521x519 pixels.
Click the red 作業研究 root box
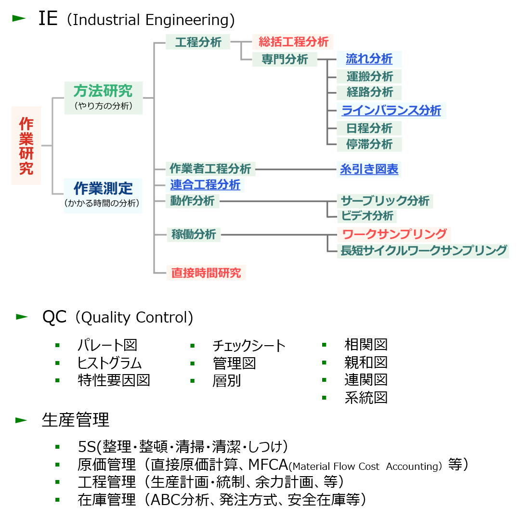pos(26,145)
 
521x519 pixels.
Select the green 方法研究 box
pos(103,97)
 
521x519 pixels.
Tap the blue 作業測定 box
pos(103,195)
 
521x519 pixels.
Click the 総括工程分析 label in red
pos(293,41)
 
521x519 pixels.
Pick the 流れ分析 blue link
pos(369,59)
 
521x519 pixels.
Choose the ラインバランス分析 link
pos(391,110)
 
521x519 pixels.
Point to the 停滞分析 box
pos(369,144)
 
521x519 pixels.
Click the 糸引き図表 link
pos(369,169)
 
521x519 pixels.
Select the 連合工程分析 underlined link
pos(205,184)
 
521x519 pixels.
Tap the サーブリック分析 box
pos(385,200)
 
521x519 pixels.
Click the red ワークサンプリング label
pos(394,234)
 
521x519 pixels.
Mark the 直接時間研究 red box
pos(206,273)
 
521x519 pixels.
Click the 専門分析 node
pos(285,59)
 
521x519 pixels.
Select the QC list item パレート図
pos(107,345)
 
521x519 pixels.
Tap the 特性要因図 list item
pos(114,380)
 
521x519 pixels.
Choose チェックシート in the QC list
pos(249,346)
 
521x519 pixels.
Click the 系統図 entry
pos(366,398)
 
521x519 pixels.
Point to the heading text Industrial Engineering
pos(151,20)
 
